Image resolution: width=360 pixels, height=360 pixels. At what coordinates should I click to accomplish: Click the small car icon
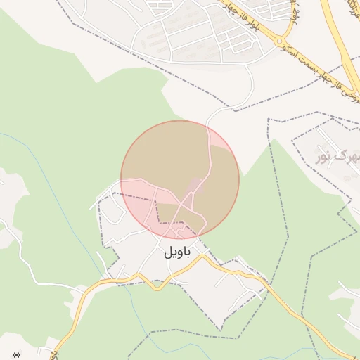[15, 354]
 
